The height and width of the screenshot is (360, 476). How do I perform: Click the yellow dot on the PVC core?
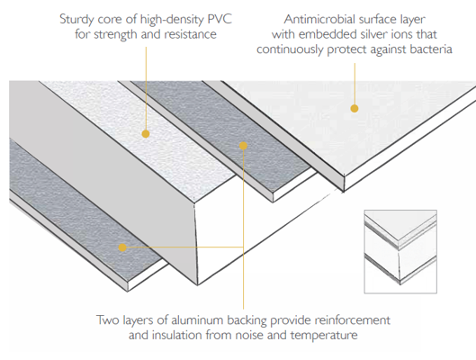point(146,134)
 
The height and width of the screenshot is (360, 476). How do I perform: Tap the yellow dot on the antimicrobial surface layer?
point(355,108)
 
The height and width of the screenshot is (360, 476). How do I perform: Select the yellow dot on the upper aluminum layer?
point(243,146)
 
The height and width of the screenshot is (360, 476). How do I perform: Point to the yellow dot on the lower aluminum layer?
point(122,247)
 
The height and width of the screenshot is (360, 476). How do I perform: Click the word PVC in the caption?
point(220,19)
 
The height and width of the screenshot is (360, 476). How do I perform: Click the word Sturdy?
point(76,20)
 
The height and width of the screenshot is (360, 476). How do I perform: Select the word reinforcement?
point(353,320)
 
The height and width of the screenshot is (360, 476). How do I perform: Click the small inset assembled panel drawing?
point(400,252)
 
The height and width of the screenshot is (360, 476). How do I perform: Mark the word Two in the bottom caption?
point(107,320)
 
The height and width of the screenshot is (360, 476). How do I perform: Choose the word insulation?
point(177,336)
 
